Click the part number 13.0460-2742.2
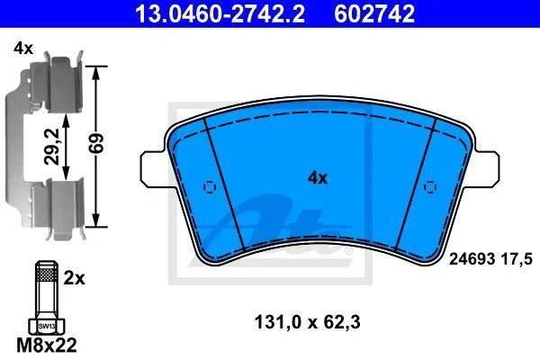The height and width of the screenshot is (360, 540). [220, 14]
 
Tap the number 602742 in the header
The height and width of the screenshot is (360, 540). [374, 14]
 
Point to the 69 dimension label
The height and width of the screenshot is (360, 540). [96, 144]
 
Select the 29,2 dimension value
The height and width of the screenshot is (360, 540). [53, 147]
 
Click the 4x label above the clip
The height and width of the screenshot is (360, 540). [23, 49]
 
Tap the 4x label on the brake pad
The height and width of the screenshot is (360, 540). [318, 178]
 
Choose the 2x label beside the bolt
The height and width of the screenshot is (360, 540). [74, 278]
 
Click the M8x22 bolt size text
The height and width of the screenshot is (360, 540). [47, 346]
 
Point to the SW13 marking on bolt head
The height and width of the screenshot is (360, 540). [47, 326]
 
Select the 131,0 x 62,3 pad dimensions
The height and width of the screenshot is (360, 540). [308, 322]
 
